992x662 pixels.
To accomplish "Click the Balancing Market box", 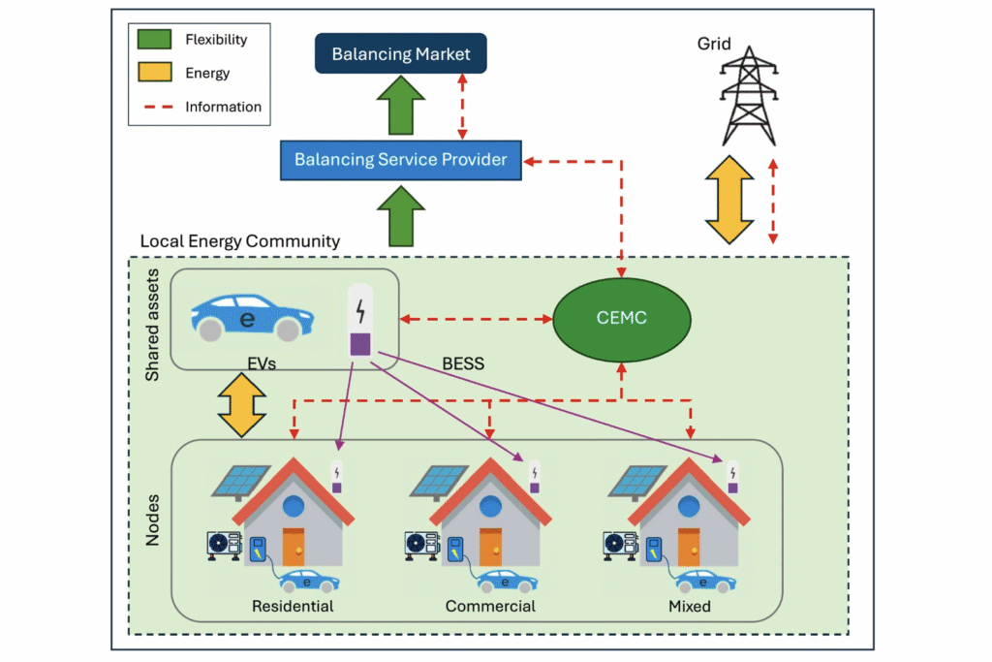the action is [x=401, y=54].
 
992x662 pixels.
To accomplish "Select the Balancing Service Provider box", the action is [x=401, y=160].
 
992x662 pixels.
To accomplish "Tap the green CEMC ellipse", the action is [x=622, y=319].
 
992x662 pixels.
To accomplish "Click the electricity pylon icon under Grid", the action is [x=749, y=96].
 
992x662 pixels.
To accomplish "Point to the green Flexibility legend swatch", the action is [x=154, y=39].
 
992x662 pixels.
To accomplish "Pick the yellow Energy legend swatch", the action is [x=154, y=72].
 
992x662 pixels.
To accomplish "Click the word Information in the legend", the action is [x=224, y=107].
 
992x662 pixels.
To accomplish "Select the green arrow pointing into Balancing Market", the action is [x=401, y=105].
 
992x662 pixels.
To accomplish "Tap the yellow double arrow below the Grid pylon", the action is [x=729, y=200].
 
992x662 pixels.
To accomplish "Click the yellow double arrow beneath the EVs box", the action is [x=241, y=405].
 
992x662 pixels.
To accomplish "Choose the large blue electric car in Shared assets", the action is [x=253, y=317].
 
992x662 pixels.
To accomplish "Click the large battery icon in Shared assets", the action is [x=360, y=320].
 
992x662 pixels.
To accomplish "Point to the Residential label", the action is [x=293, y=607].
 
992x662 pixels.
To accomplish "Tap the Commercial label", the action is [x=490, y=607].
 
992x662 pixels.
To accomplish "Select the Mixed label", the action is [x=690, y=607].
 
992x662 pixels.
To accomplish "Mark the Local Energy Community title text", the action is [x=240, y=241].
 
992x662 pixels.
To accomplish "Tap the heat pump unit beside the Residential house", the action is [x=224, y=546].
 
